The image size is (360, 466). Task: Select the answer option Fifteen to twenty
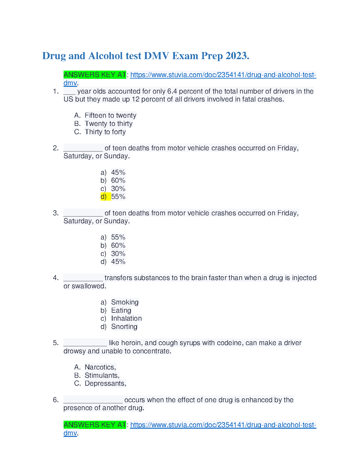click(x=110, y=115)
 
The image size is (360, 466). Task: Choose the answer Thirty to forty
click(x=105, y=132)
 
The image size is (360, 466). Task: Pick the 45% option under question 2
click(x=118, y=172)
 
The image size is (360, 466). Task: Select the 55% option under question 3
click(x=118, y=237)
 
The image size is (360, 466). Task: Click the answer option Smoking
click(x=125, y=302)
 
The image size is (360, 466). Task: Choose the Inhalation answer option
click(x=126, y=318)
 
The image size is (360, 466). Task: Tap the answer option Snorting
click(x=124, y=327)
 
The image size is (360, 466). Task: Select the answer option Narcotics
click(x=100, y=367)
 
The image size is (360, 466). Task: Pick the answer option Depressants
click(x=105, y=383)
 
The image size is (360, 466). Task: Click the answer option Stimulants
click(x=102, y=375)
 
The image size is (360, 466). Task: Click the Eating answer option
click(x=121, y=310)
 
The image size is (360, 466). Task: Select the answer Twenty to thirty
click(x=109, y=124)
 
